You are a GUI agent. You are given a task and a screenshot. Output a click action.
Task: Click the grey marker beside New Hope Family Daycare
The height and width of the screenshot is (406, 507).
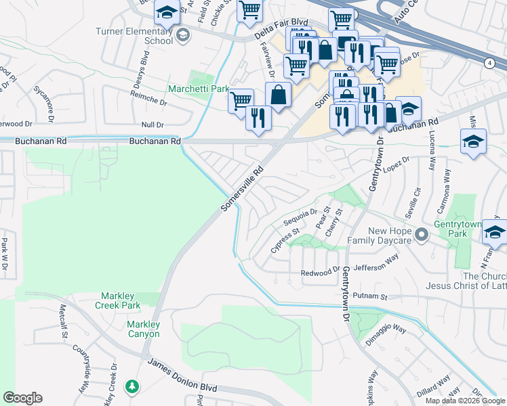(x=422, y=235)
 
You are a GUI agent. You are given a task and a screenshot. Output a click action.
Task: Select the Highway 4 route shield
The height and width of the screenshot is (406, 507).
(x=489, y=63)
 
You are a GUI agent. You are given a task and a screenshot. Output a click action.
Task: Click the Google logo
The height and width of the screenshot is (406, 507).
(x=22, y=398)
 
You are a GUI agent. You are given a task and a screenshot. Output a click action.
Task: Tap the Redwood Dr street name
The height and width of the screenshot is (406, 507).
(x=321, y=271)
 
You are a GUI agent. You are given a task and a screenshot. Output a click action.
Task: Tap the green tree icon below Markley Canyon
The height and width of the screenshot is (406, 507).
(x=134, y=386)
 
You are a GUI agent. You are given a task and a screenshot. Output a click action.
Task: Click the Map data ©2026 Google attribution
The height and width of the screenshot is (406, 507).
(x=465, y=401)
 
